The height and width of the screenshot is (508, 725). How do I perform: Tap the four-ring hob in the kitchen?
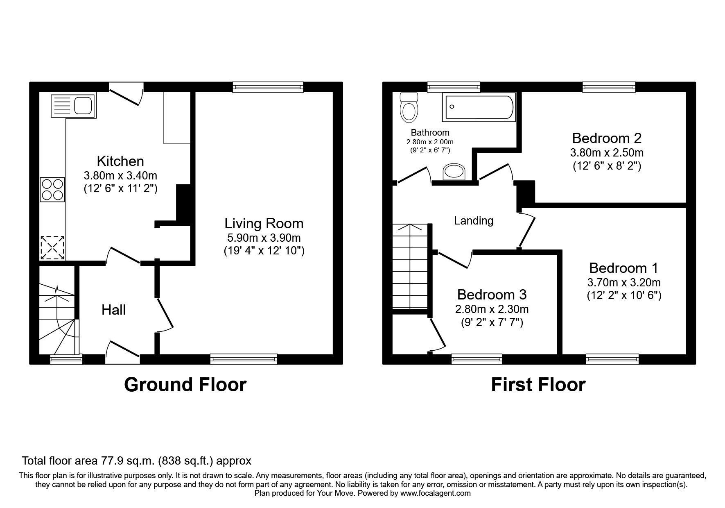[x=52, y=189]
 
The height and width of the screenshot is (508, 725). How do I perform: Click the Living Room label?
[x=264, y=223]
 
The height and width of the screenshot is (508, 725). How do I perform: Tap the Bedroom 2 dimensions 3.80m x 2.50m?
[x=607, y=153]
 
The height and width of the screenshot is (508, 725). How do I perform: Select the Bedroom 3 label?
[x=492, y=295]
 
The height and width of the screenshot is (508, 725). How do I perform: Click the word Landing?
[x=474, y=221]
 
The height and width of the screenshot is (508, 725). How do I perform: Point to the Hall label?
[x=113, y=310]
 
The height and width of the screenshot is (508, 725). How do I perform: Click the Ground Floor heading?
[x=185, y=385]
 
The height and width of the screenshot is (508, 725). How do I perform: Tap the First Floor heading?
[x=538, y=385]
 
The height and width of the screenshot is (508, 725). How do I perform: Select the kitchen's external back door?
[x=126, y=93]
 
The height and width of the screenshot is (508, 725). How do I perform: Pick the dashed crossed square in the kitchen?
[x=52, y=247]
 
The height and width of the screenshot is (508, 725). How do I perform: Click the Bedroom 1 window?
[x=612, y=359]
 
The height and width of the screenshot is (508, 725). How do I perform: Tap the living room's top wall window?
[x=268, y=86]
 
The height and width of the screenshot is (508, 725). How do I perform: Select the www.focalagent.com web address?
[x=435, y=493]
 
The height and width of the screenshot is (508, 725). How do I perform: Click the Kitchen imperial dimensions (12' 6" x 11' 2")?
[x=120, y=189]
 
